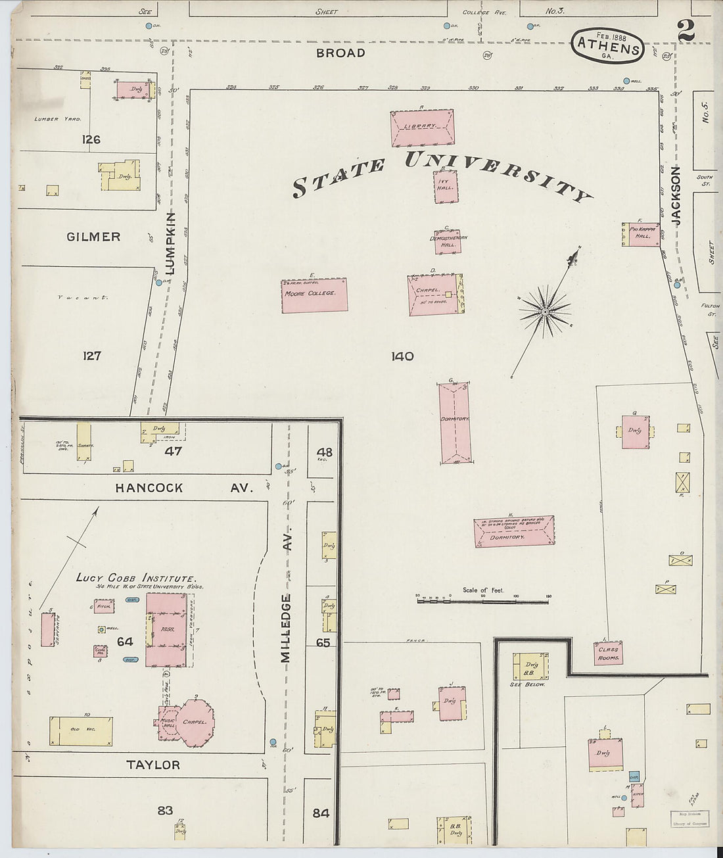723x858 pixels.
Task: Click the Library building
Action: pos(422,128)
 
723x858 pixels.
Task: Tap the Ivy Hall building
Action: pos(446,187)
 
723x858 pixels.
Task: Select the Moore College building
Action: pos(314,295)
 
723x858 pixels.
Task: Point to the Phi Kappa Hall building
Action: pos(641,234)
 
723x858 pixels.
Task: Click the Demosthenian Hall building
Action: pos(447,241)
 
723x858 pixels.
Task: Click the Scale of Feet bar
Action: pos(482,600)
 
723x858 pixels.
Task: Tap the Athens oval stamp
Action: pos(607,46)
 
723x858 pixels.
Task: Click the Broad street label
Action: pos(340,53)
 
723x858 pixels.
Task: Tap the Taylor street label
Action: pos(153,765)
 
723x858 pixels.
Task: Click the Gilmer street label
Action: pos(93,237)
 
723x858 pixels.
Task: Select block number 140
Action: pos(402,356)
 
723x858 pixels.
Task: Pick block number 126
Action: pos(91,139)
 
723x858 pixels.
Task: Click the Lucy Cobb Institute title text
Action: pos(135,577)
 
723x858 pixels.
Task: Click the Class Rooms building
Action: pos(608,654)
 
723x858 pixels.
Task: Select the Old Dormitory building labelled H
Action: pos(514,531)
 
